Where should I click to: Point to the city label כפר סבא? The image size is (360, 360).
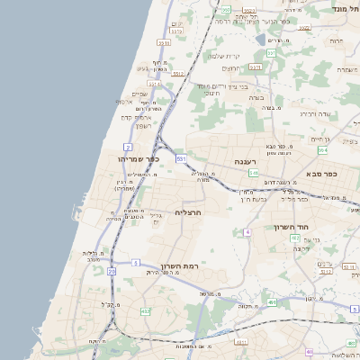pos(320,173)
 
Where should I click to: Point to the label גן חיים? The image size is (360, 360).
pos(320,139)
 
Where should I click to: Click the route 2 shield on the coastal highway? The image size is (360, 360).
pos(128,146)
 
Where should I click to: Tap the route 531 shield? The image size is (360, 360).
pos(181,158)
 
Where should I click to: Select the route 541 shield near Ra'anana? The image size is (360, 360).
pos(253,173)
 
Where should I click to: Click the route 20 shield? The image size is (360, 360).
pos(112,271)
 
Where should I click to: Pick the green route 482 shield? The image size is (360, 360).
pos(145,311)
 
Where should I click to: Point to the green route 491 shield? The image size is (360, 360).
pos(271,302)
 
